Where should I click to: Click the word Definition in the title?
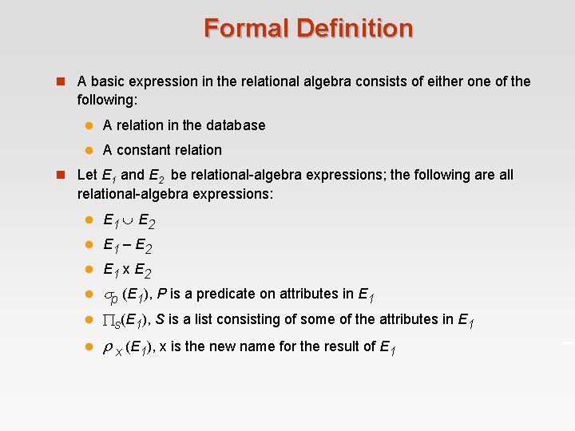tap(355, 29)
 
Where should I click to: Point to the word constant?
tap(142, 150)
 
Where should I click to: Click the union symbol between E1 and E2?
tap(128, 219)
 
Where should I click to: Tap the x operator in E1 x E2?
tap(127, 270)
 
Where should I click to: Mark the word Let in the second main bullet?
tap(87, 175)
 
